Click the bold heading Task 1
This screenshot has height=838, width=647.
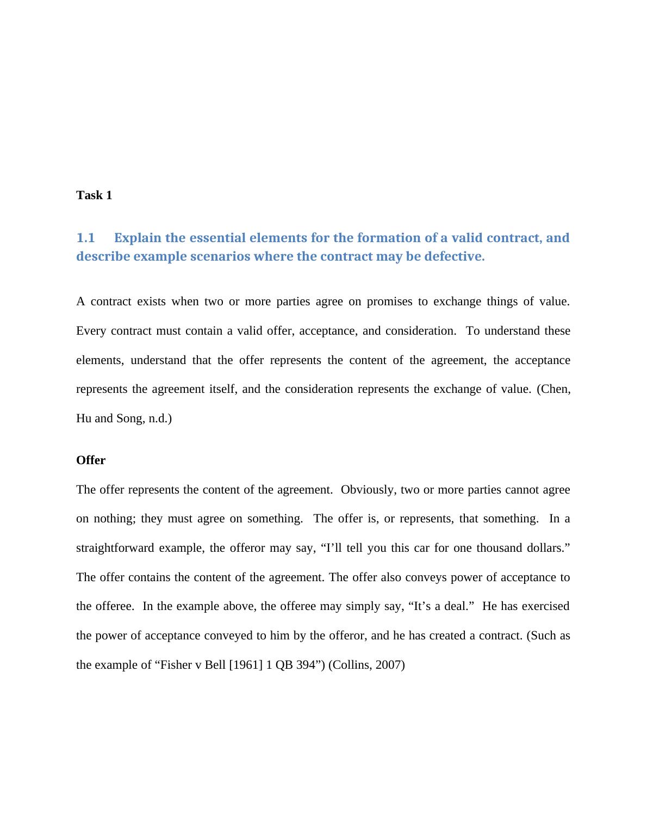point(94,195)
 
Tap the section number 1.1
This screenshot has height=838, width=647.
point(85,238)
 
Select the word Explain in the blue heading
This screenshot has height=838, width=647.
point(138,238)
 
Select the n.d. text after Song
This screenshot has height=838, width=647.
point(160,418)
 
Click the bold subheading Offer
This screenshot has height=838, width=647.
point(91,460)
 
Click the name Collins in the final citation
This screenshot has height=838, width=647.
point(352,665)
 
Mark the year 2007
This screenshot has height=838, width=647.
point(390,665)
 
